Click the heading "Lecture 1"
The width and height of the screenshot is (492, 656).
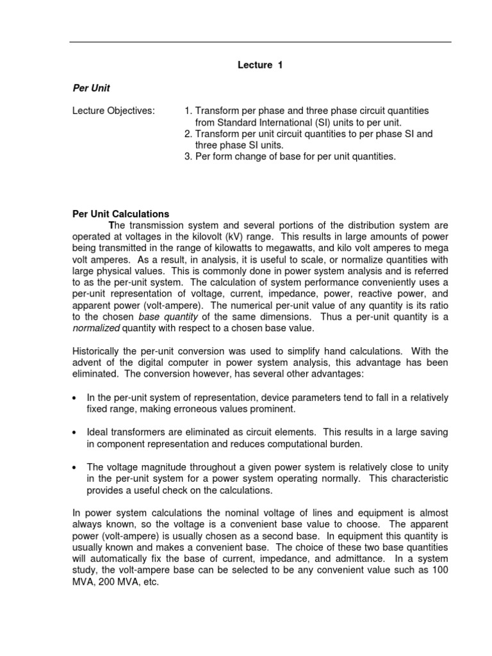coord(260,65)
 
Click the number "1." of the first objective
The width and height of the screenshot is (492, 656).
coord(188,111)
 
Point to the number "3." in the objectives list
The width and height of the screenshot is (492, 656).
coord(188,156)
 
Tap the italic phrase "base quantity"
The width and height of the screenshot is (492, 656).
coord(163,316)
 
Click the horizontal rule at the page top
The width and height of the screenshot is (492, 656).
coord(260,42)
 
